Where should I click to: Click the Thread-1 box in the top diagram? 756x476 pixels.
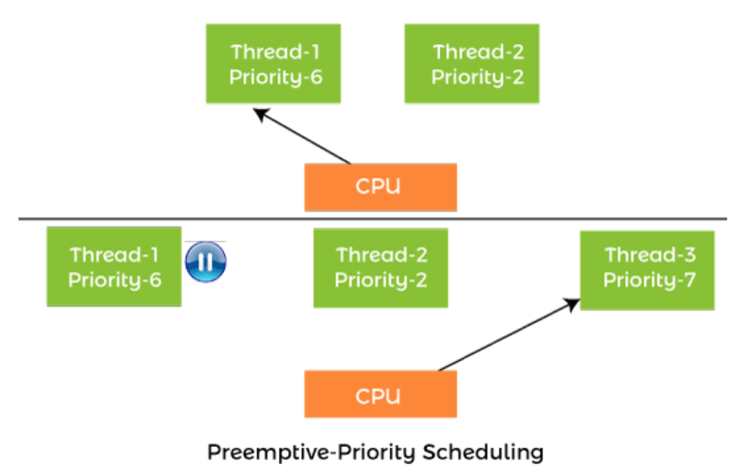273,63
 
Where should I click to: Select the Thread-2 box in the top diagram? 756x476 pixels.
472,63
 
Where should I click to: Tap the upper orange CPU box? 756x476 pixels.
380,187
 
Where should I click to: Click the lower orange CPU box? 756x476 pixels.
380,393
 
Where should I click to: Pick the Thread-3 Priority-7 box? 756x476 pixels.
647,270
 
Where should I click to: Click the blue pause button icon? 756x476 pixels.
205,262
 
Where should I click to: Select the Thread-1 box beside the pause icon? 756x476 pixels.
114,267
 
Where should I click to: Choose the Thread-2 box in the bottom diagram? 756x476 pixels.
380,268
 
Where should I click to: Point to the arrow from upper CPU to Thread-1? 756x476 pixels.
302,136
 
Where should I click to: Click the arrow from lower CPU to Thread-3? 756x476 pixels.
509,335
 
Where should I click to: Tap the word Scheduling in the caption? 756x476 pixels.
483,452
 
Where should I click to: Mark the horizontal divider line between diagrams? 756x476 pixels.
372,219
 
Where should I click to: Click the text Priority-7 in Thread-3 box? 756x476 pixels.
649,280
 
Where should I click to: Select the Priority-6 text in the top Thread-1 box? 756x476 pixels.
276,77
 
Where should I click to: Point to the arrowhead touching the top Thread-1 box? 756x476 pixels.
261,114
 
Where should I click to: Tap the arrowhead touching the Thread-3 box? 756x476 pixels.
572,305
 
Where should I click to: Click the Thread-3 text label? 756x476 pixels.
650,255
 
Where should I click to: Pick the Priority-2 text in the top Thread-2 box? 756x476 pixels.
478,77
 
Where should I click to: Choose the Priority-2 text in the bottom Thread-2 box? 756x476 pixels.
381,280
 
